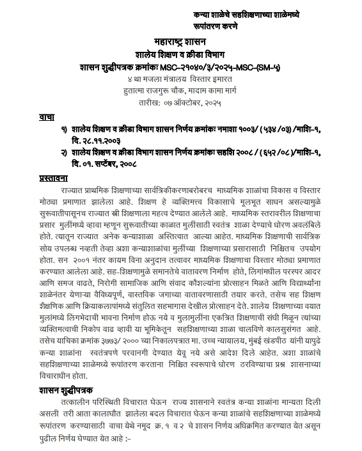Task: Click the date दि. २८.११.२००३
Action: click(x=98, y=140)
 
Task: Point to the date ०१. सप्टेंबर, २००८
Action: click(x=109, y=163)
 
